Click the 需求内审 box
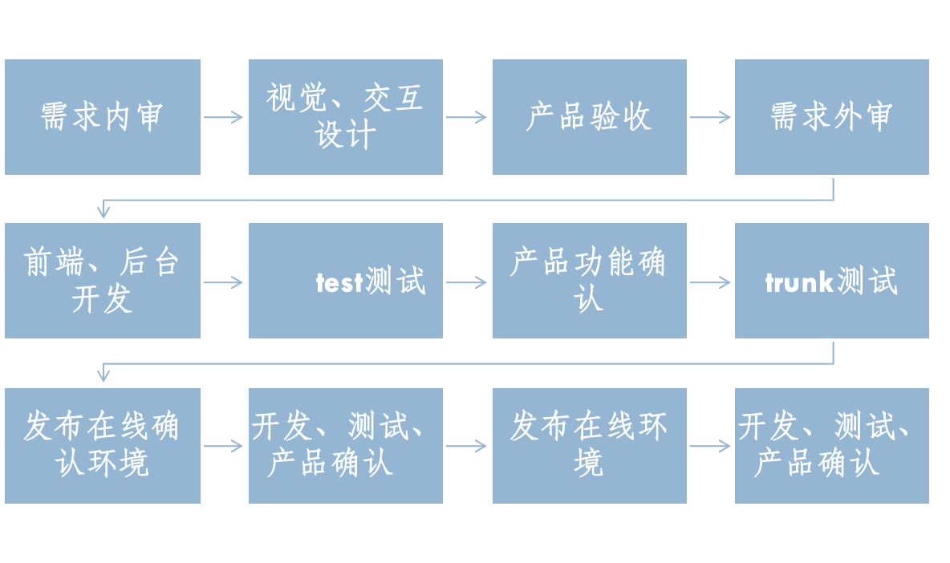103,117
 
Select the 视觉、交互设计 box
346,117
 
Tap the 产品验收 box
590,117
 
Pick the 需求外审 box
832,117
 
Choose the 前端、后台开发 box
103,281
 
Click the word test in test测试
339,282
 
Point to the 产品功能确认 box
590,281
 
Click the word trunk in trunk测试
798,282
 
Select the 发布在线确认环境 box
103,445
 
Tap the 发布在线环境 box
590,445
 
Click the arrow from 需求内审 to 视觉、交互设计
224,118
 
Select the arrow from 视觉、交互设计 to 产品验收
467,118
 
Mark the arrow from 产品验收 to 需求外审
710,118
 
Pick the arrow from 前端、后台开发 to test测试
224,282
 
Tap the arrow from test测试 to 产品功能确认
467,282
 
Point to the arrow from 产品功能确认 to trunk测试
710,282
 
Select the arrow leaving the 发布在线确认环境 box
224,446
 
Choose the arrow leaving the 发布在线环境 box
710,446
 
